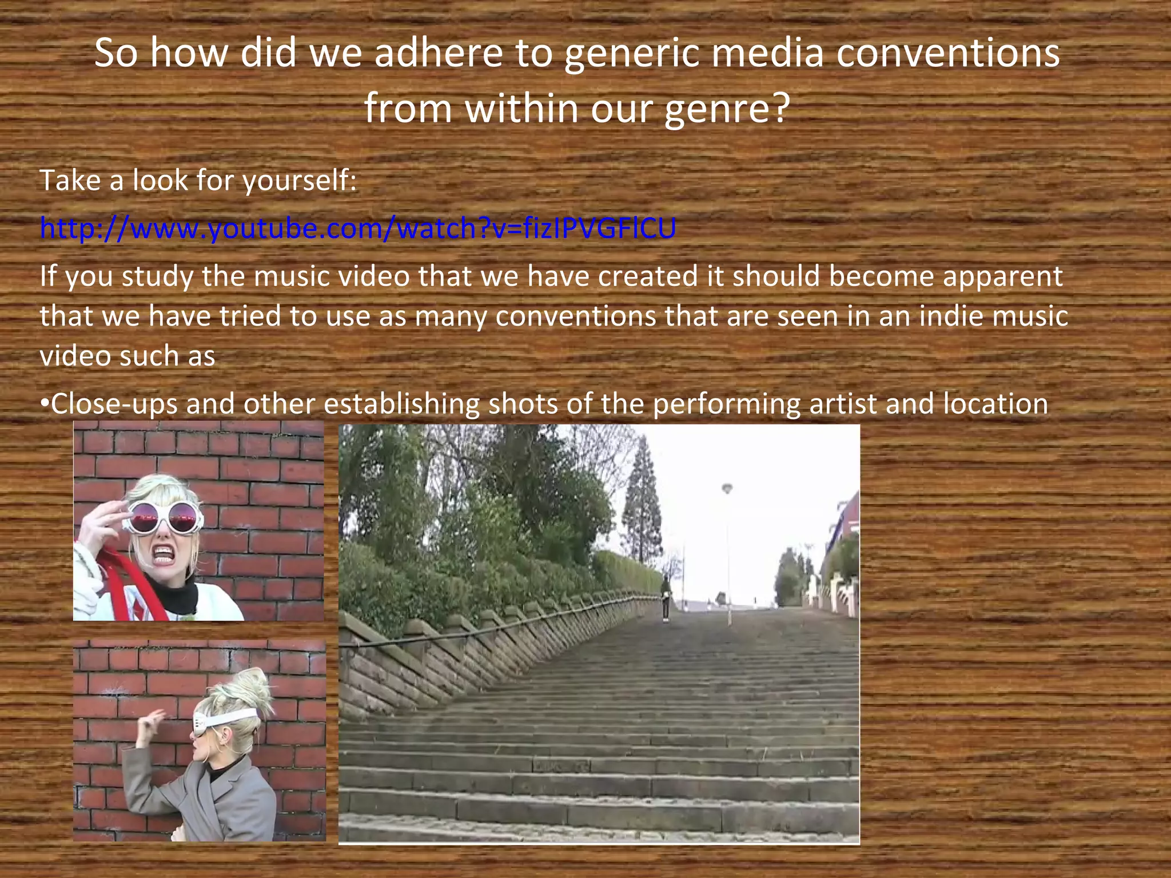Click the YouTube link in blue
pyautogui.click(x=358, y=228)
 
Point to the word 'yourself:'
pyautogui.click(x=300, y=181)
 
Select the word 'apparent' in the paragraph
pyautogui.click(x=1002, y=277)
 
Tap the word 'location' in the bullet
pyautogui.click(x=995, y=404)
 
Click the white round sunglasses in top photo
pyautogui.click(x=163, y=517)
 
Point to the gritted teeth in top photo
pyautogui.click(x=163, y=554)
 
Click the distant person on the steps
pyautogui.click(x=666, y=597)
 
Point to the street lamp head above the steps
pyautogui.click(x=727, y=489)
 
